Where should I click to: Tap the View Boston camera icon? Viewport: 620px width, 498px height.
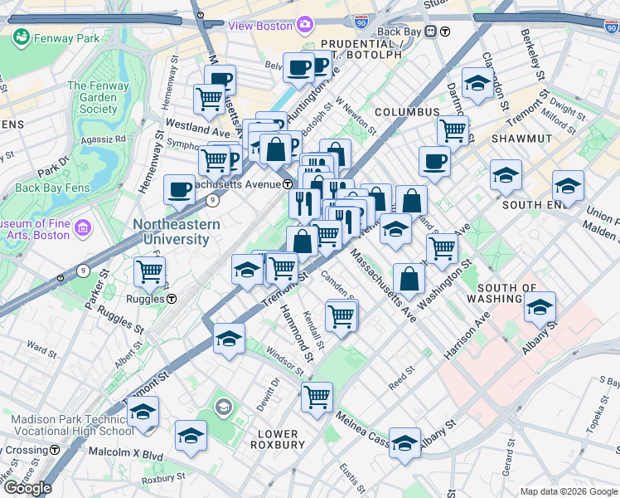(x=306, y=26)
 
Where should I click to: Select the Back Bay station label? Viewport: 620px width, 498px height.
(x=400, y=32)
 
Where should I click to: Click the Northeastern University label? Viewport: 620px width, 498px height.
(x=177, y=232)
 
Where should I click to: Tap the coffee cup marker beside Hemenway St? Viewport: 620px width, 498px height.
(x=180, y=190)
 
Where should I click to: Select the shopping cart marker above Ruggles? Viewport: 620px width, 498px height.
(x=150, y=271)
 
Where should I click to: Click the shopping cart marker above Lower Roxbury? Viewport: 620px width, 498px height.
(x=317, y=398)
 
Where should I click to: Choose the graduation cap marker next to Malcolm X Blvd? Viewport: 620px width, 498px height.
(x=191, y=436)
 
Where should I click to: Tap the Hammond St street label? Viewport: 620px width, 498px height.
(x=295, y=333)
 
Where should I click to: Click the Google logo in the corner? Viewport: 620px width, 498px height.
(x=27, y=488)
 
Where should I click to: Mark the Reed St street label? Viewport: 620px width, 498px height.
(x=400, y=369)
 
